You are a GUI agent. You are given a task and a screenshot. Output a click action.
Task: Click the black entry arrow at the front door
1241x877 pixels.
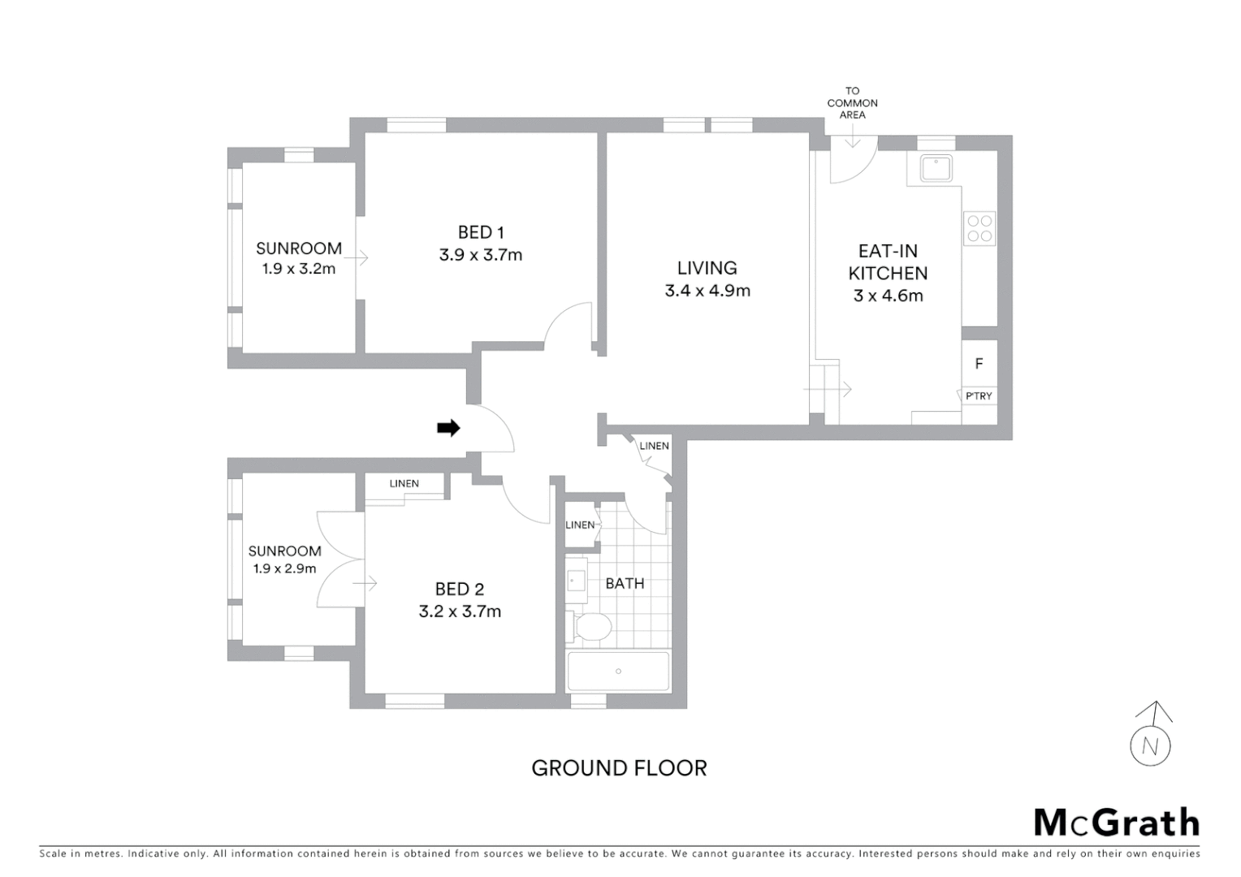448,428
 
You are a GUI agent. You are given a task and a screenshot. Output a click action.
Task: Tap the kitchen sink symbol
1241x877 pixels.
936,168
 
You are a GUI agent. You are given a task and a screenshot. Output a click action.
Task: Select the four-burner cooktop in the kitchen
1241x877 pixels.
979,228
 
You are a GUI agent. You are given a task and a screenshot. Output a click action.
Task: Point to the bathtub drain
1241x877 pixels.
618,672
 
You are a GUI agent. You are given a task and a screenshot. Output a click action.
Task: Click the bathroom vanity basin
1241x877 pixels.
577,580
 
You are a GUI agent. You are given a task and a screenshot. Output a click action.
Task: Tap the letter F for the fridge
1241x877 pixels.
979,364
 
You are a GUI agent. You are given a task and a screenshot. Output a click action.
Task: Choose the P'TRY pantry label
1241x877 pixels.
979,396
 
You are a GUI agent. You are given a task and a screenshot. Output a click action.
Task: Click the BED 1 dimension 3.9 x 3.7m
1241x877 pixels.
481,255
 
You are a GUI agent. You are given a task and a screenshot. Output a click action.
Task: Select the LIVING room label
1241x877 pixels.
707,268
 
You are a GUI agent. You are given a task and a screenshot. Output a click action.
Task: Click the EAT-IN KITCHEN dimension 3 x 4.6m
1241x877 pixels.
888,296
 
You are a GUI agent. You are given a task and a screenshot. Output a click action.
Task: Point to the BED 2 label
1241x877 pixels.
460,589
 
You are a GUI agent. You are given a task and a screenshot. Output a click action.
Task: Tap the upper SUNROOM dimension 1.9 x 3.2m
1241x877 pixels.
299,269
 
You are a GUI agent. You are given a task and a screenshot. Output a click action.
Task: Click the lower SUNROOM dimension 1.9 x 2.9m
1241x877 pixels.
284,569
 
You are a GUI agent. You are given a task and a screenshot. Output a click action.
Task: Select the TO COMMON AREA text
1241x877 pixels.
852,103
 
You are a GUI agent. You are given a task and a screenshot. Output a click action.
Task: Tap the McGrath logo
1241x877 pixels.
1116,823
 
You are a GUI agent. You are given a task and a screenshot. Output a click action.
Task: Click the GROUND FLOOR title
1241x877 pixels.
619,768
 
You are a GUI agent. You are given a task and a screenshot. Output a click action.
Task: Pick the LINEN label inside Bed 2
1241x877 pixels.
404,483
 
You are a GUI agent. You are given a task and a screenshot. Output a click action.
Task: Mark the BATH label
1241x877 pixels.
625,583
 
